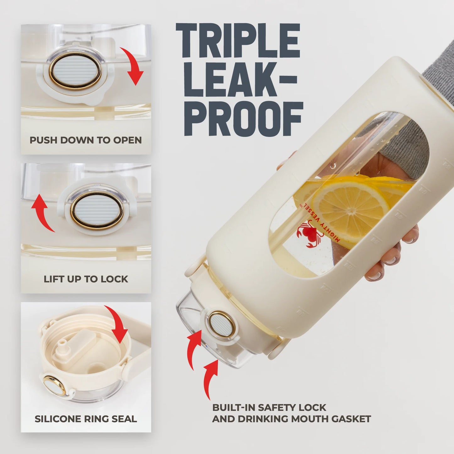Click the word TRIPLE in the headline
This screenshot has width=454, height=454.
tap(238, 41)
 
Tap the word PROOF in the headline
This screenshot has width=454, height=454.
tap(244, 119)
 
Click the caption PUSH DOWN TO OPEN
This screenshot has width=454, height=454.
tap(85, 140)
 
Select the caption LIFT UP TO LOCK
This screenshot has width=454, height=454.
tap(86, 279)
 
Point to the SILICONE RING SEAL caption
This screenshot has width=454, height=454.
tap(86, 419)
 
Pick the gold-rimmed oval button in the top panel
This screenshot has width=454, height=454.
tap(75, 71)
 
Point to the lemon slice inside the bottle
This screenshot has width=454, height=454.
tap(349, 207)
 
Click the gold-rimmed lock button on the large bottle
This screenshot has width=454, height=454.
tap(222, 325)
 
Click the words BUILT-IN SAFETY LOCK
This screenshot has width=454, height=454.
tap(269, 408)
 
